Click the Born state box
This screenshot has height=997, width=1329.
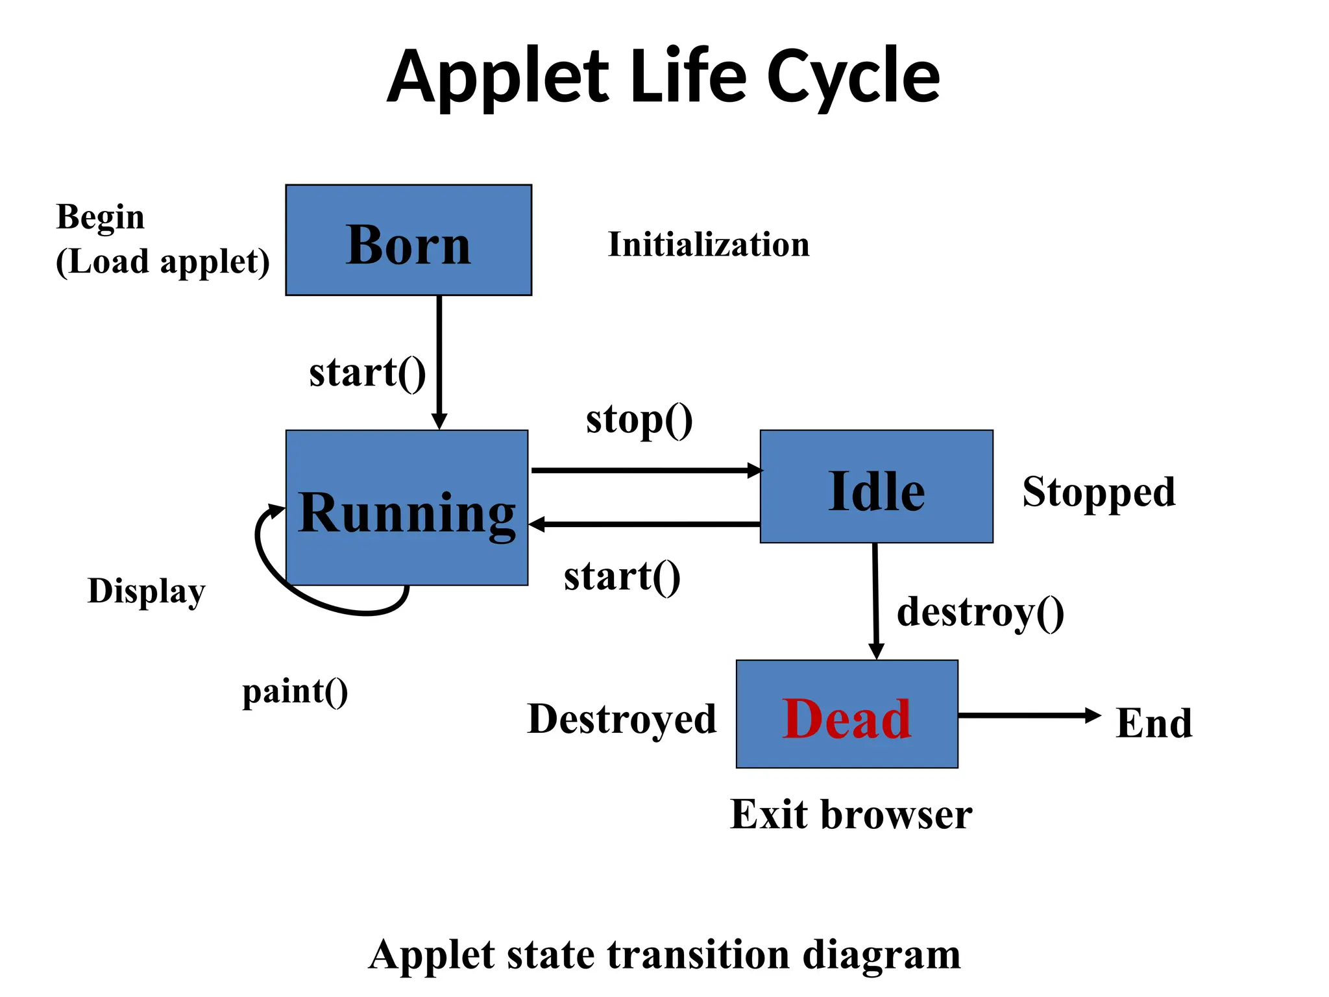coord(408,240)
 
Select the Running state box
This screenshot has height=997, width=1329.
coord(406,507)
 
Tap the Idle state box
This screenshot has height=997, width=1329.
coord(876,486)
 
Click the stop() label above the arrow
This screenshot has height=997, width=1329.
coord(639,420)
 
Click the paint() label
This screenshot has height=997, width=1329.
coord(295,692)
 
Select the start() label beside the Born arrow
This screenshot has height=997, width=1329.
coord(367,373)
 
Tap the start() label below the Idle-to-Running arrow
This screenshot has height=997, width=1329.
coord(622,576)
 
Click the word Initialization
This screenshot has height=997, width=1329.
coord(708,245)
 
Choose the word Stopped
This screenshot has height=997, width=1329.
coord(1099,492)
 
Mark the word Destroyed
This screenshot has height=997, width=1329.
coord(622,719)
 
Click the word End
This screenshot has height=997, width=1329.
coord(1154,723)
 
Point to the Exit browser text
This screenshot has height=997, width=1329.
coord(851,815)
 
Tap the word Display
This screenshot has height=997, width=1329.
coord(146,591)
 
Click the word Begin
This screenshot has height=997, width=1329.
coord(100,217)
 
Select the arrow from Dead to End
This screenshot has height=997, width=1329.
coord(1029,715)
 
